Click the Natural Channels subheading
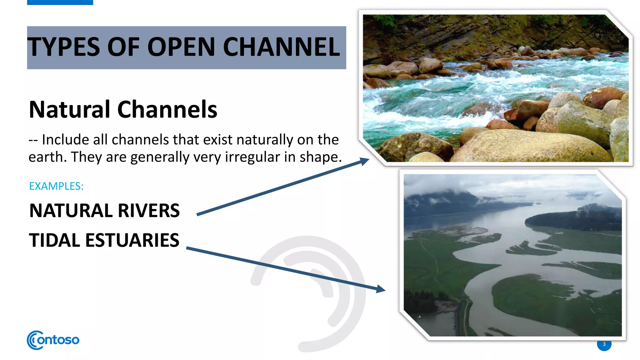point(123,110)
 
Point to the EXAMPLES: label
point(56,186)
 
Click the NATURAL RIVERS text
point(104,211)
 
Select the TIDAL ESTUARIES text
point(104,240)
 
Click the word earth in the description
point(46,157)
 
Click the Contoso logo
point(53,340)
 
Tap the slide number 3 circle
point(604,344)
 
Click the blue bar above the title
point(60,2)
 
